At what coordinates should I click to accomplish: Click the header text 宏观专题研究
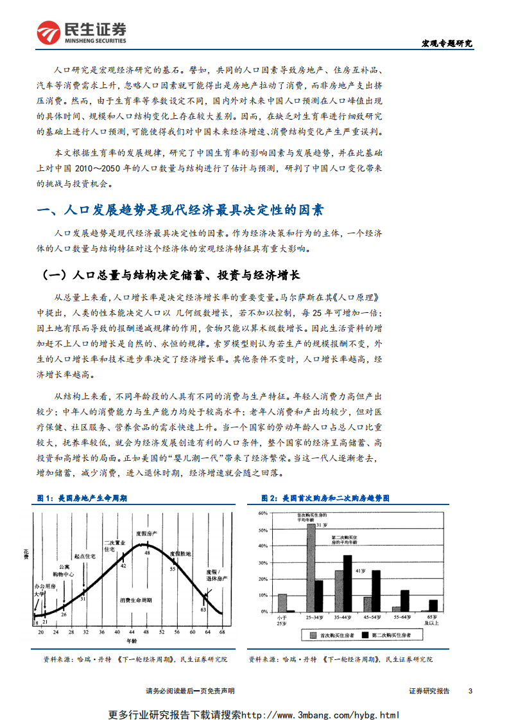pos(446,44)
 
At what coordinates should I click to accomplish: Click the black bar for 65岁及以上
pos(433,605)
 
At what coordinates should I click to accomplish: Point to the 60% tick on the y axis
pos(262,513)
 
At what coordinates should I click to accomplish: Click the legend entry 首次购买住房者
pos(334,636)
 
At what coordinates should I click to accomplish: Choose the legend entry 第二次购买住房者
pos(390,636)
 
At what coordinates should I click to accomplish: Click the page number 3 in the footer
pos(470,691)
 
